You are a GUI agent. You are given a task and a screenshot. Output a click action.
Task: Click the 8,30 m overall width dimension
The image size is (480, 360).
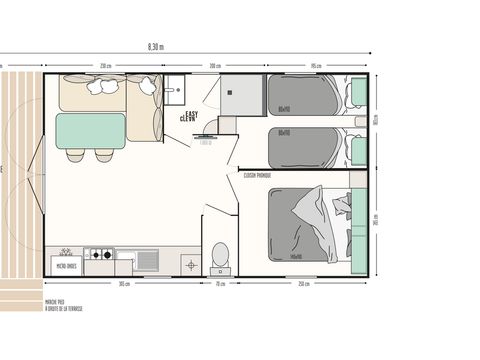155,46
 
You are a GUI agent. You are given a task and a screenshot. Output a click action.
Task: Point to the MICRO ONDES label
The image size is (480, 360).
67,266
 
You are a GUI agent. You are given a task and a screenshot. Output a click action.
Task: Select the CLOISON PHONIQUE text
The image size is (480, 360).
257,174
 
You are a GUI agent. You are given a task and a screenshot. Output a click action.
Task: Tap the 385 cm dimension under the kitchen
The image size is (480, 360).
122,285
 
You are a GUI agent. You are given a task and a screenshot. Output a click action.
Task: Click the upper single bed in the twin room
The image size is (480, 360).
306,96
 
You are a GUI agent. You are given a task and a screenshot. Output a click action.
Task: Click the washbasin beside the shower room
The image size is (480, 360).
176,89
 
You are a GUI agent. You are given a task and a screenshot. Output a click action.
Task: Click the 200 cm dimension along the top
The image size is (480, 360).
214,66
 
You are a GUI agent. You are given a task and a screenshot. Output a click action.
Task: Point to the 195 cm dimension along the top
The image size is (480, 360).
315,66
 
